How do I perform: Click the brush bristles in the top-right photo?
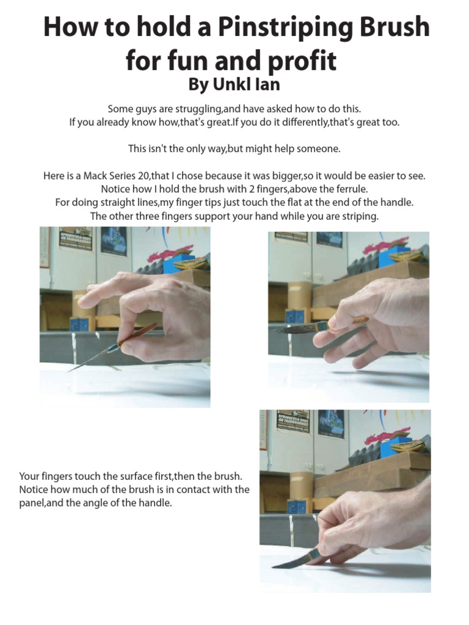click(294, 328)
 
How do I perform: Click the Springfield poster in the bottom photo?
click(293, 421)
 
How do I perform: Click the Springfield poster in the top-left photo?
click(75, 239)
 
